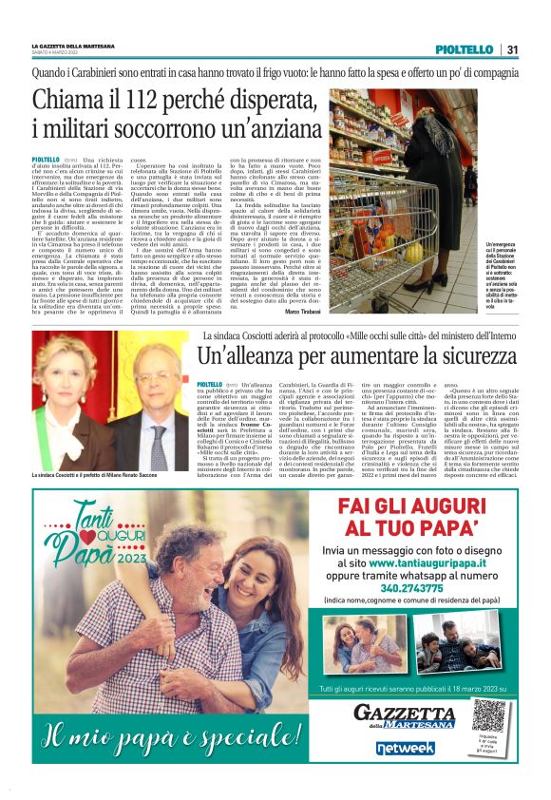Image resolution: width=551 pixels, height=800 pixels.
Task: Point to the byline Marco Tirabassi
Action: [301, 314]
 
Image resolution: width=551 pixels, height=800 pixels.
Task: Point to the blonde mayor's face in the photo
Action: [80, 366]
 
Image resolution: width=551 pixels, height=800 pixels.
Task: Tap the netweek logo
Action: [405, 748]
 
